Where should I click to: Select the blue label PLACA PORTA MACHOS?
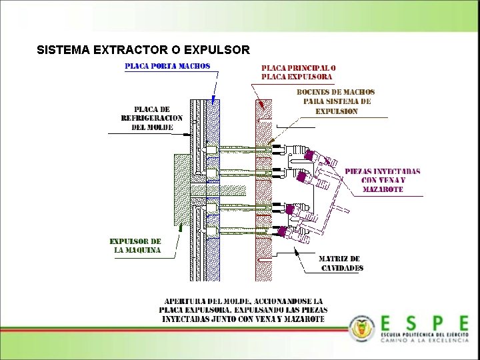(167, 66)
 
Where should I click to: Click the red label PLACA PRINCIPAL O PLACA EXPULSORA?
(297, 72)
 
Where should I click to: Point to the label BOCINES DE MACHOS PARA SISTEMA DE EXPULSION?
(336, 101)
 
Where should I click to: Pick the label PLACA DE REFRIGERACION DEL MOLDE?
(151, 118)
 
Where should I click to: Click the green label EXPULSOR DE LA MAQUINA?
(135, 245)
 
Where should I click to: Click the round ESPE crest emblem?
(362, 328)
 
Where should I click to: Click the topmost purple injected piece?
(309, 155)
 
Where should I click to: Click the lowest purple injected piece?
(283, 232)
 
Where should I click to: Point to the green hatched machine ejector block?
(182, 190)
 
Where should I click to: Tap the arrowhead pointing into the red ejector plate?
(261, 105)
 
